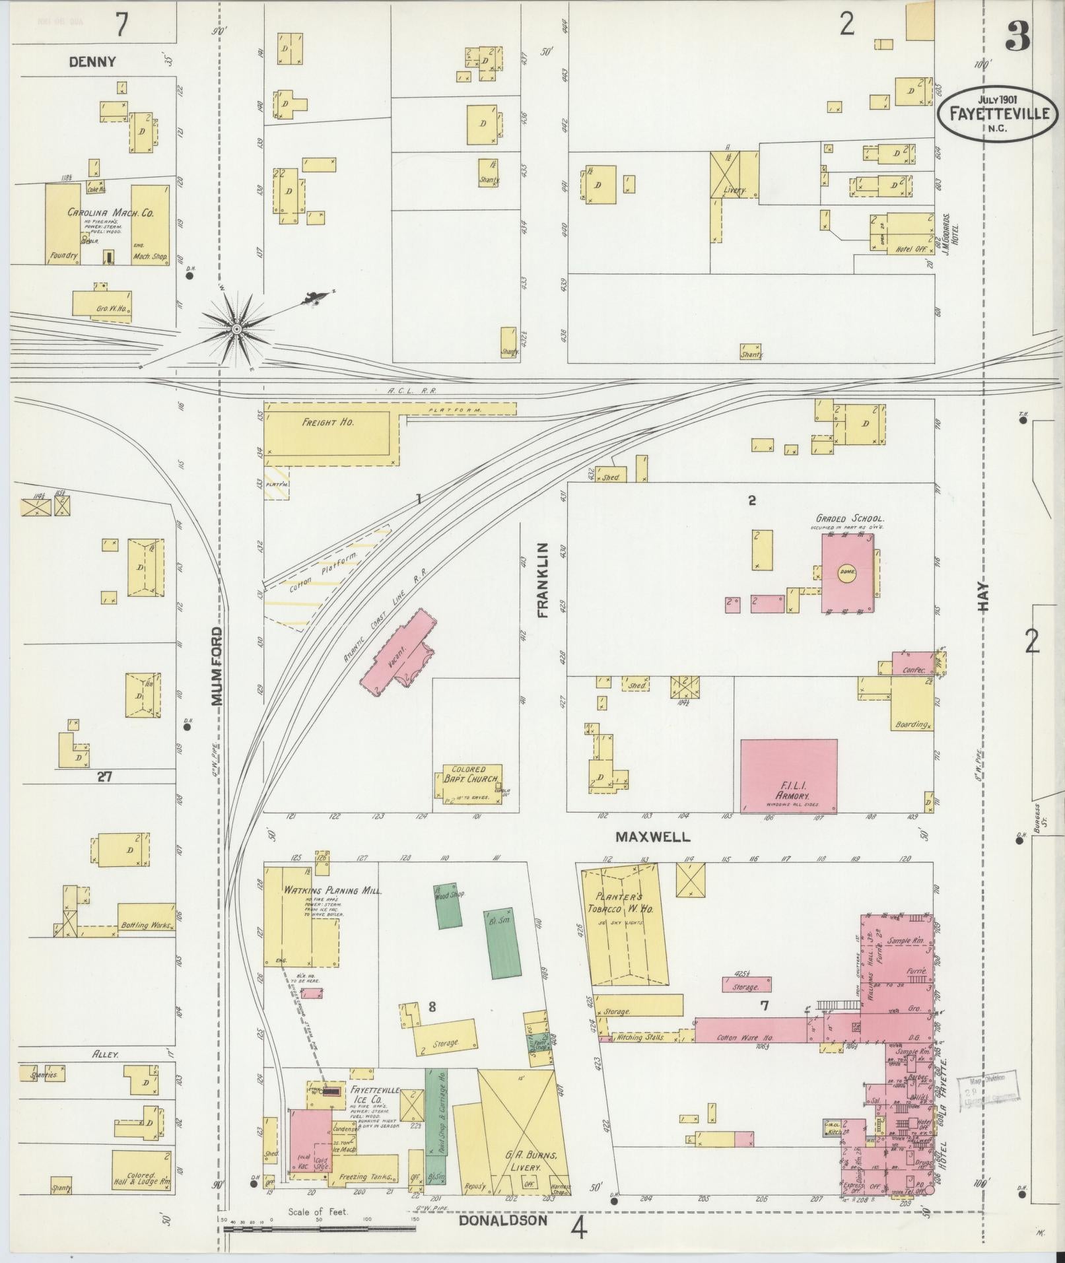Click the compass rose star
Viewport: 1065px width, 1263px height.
[x=236, y=327]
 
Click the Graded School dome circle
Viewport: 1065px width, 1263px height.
[x=847, y=571]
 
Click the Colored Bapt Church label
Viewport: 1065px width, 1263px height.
[x=469, y=774]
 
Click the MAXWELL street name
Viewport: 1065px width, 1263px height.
[x=652, y=837]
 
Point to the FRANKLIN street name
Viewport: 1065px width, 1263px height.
[x=543, y=580]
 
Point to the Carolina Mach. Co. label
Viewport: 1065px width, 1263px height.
[x=110, y=213]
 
